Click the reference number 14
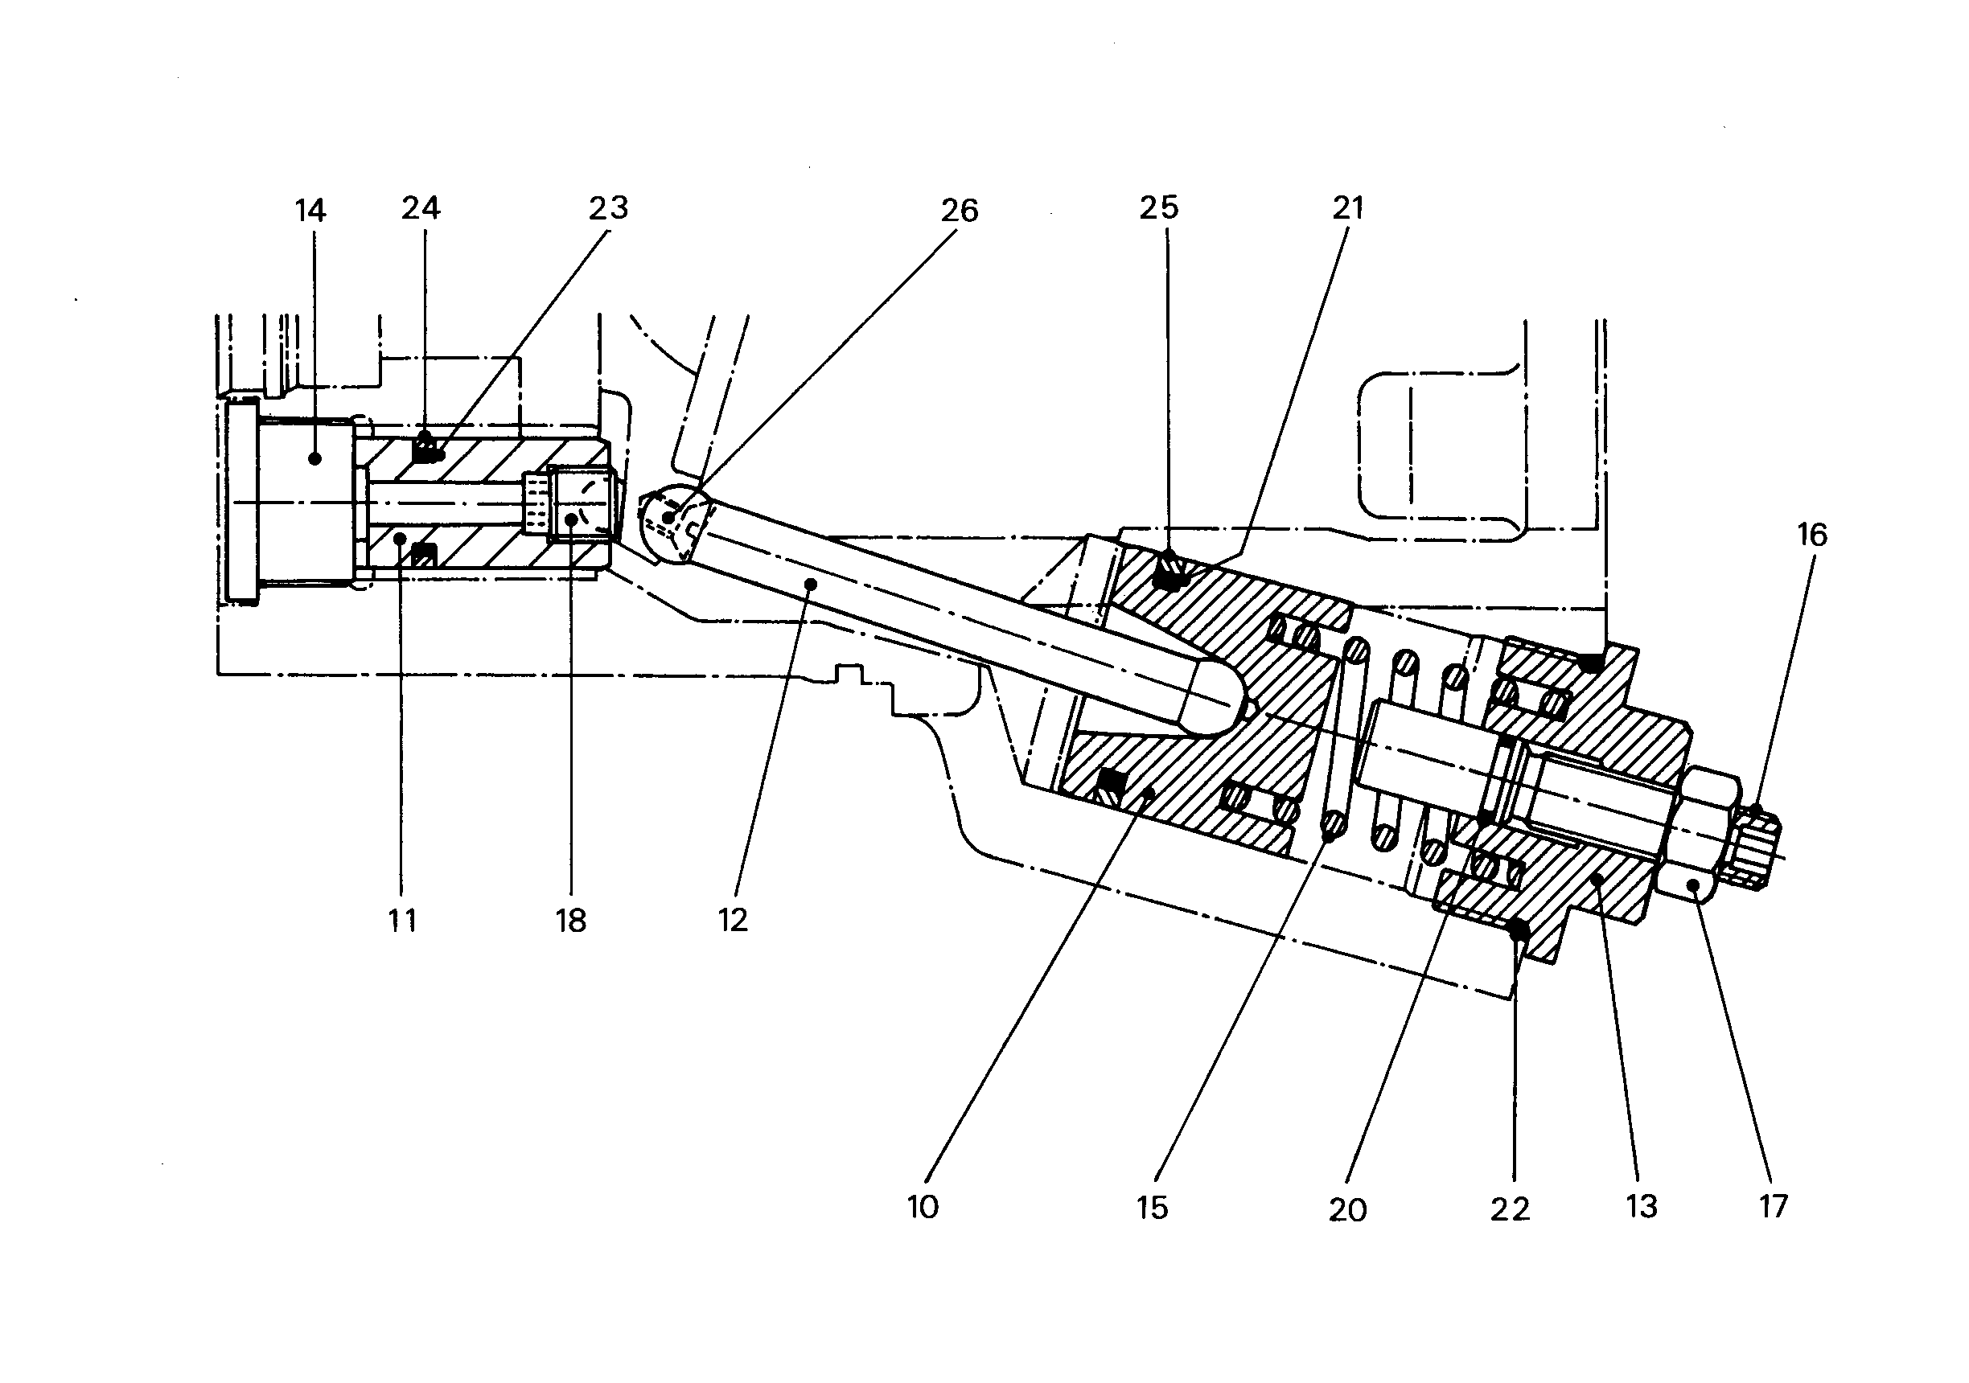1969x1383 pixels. click(310, 210)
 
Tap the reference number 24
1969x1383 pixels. click(421, 207)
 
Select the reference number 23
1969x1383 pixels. click(608, 207)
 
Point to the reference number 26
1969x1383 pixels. click(959, 210)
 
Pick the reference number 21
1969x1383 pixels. click(1347, 207)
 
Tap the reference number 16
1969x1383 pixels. click(1812, 535)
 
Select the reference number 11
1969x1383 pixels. click(402, 921)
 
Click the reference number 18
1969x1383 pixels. click(570, 921)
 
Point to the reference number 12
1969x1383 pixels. click(733, 920)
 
